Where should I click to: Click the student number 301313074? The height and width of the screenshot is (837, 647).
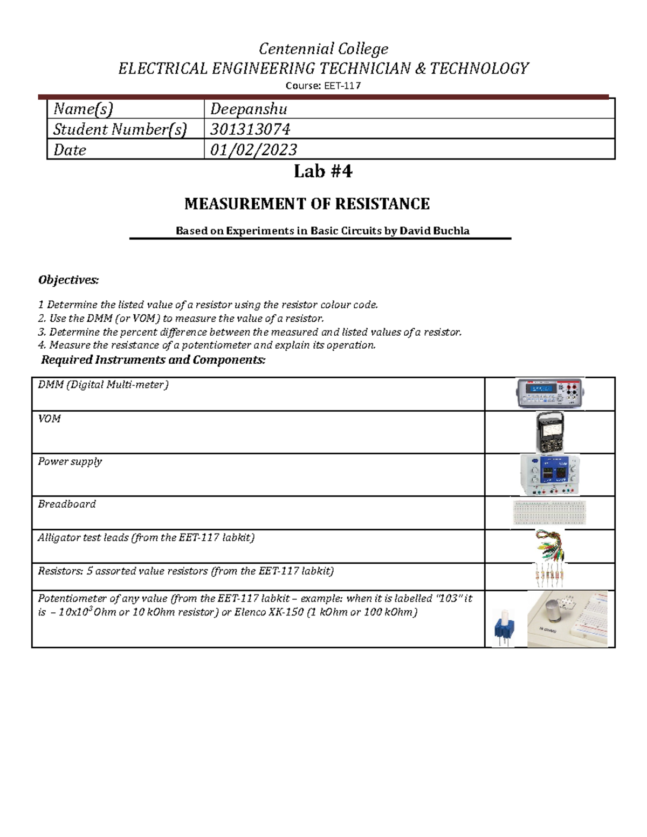tap(250, 129)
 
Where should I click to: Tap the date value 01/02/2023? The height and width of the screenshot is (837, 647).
tap(253, 150)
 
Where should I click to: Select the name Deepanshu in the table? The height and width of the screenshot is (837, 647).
tap(249, 109)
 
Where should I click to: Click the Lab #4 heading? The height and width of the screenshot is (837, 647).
tap(323, 171)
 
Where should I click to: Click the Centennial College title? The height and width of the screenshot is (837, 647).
tap(323, 49)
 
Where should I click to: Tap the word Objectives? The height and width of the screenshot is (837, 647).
tap(68, 280)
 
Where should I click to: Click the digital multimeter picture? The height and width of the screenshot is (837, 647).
tap(549, 393)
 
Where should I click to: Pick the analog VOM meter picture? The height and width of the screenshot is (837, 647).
tap(549, 432)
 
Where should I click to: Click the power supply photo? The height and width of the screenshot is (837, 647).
tap(549, 474)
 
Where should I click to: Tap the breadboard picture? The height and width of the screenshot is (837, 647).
tap(549, 513)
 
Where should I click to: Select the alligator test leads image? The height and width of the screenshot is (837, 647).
tap(549, 545)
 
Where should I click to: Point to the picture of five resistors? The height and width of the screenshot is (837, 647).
tap(549, 576)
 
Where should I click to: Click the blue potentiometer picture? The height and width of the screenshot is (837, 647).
tap(504, 628)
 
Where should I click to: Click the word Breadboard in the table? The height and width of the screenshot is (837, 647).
tap(67, 504)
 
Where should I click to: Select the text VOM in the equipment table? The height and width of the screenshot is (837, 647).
tap(49, 419)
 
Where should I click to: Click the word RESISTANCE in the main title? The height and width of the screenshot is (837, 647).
tap(382, 204)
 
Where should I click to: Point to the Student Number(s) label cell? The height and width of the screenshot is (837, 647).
tap(120, 129)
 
